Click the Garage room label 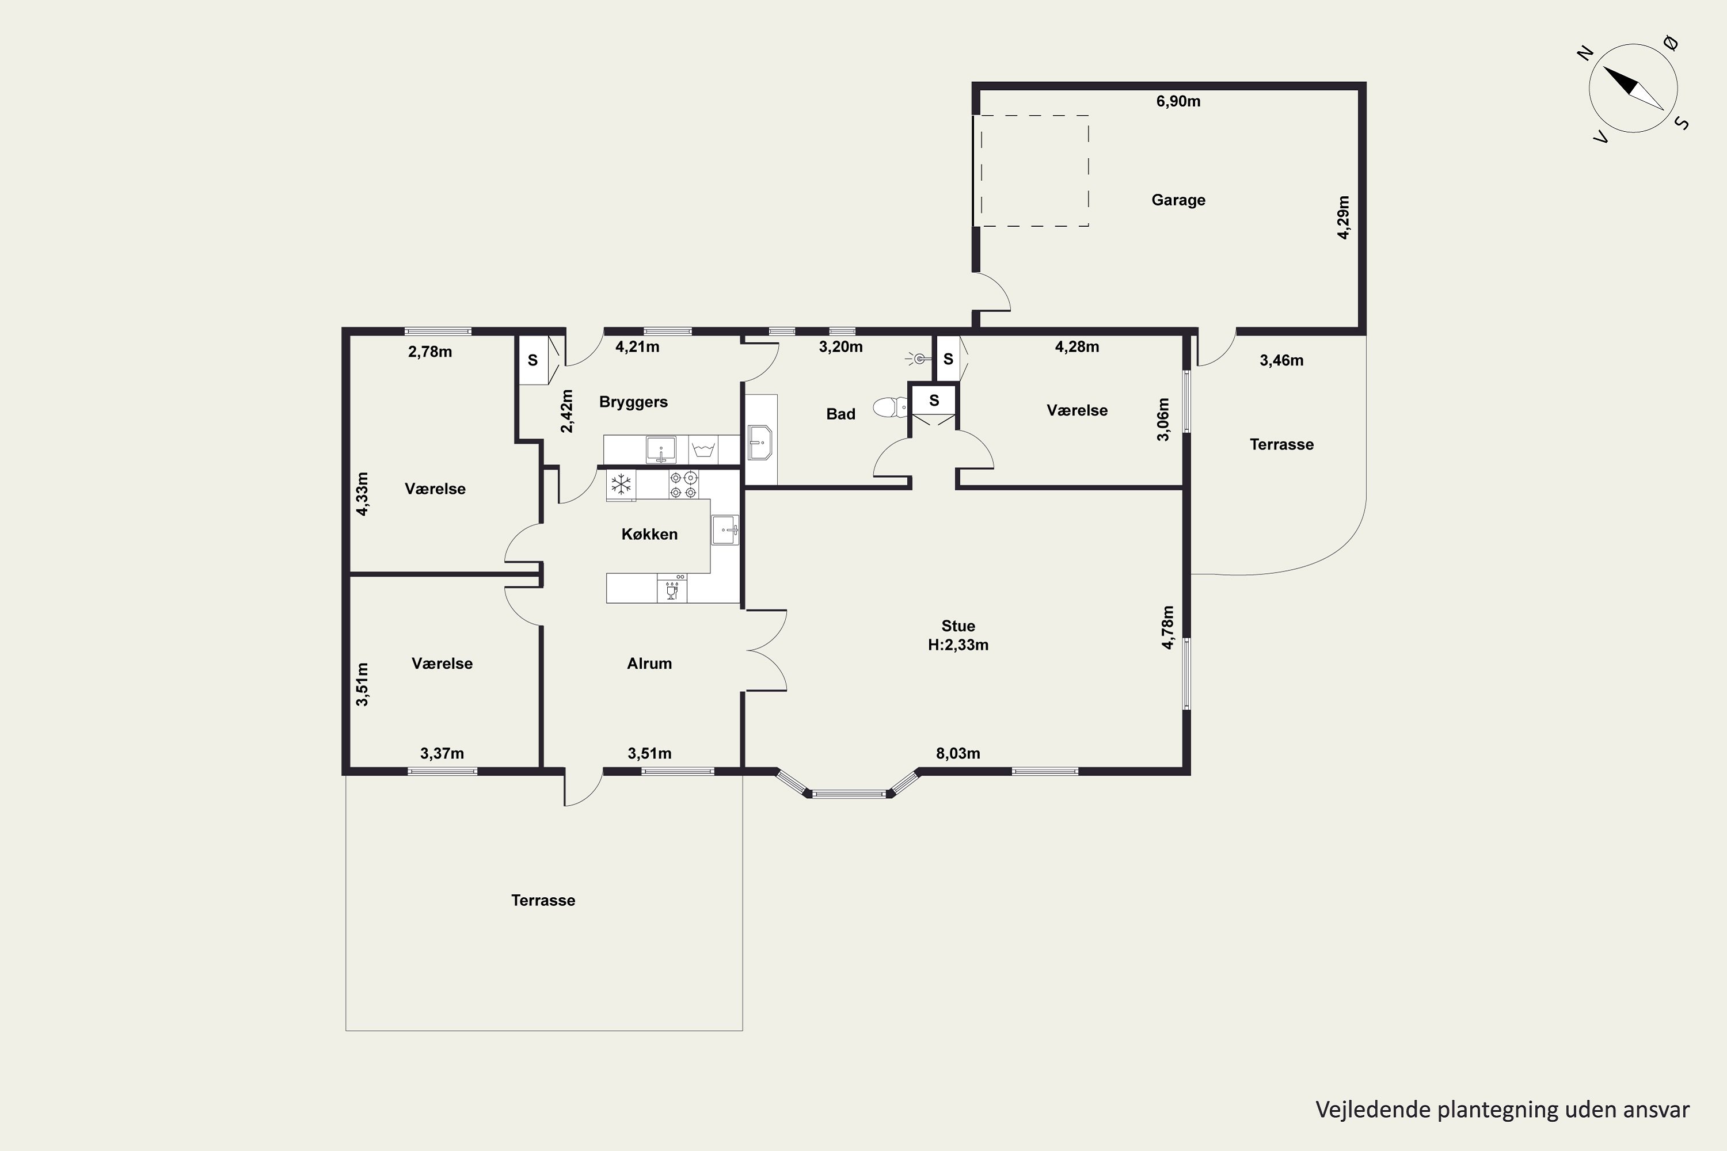(x=1178, y=200)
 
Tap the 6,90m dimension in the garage (x=1178, y=101)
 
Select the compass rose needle (x=1633, y=89)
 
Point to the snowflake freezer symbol (x=621, y=485)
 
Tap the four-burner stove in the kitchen (x=684, y=485)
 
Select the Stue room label (x=958, y=626)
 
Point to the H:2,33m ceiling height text (x=958, y=645)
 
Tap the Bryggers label (x=633, y=402)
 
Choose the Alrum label (x=649, y=664)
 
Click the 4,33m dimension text (x=362, y=494)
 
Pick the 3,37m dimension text (x=442, y=753)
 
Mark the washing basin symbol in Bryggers (x=703, y=449)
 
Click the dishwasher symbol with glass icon (x=672, y=588)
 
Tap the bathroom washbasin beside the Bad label (x=760, y=443)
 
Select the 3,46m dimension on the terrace (x=1281, y=360)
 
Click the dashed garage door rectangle (x=1032, y=170)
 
